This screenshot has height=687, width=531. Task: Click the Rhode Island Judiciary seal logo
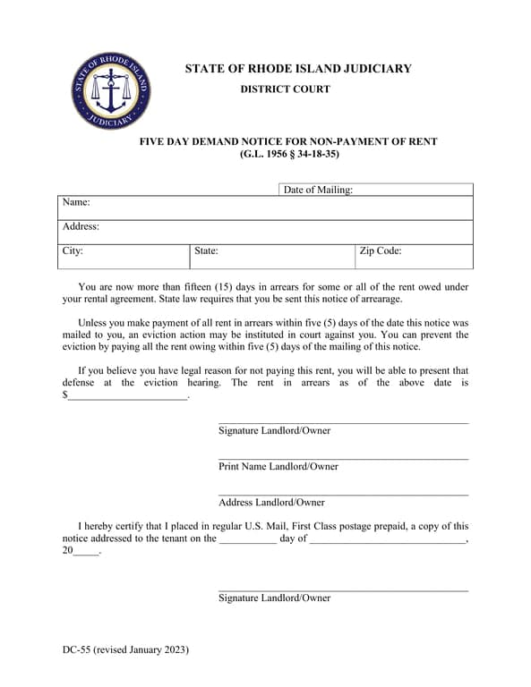(x=111, y=91)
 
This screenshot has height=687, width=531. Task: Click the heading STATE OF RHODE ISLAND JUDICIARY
(x=297, y=69)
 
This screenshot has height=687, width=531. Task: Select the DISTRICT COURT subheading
(x=285, y=89)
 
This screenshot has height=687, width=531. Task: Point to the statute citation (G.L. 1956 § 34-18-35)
(x=289, y=154)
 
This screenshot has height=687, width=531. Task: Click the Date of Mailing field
(x=412, y=190)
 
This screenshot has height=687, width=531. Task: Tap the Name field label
(x=76, y=203)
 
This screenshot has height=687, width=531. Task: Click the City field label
(x=73, y=251)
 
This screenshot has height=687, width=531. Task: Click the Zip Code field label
(x=380, y=251)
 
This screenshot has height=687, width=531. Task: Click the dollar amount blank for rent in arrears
(x=127, y=395)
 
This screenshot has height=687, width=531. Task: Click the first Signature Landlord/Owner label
(x=274, y=430)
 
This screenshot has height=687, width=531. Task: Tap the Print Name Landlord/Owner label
(x=278, y=466)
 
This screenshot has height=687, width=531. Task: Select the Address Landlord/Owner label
(x=271, y=502)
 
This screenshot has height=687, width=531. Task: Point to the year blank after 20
(x=87, y=553)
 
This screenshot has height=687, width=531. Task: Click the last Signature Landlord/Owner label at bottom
(x=274, y=598)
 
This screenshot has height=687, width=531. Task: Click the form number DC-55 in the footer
(x=75, y=650)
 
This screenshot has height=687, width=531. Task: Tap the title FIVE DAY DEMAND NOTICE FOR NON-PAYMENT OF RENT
(x=288, y=141)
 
